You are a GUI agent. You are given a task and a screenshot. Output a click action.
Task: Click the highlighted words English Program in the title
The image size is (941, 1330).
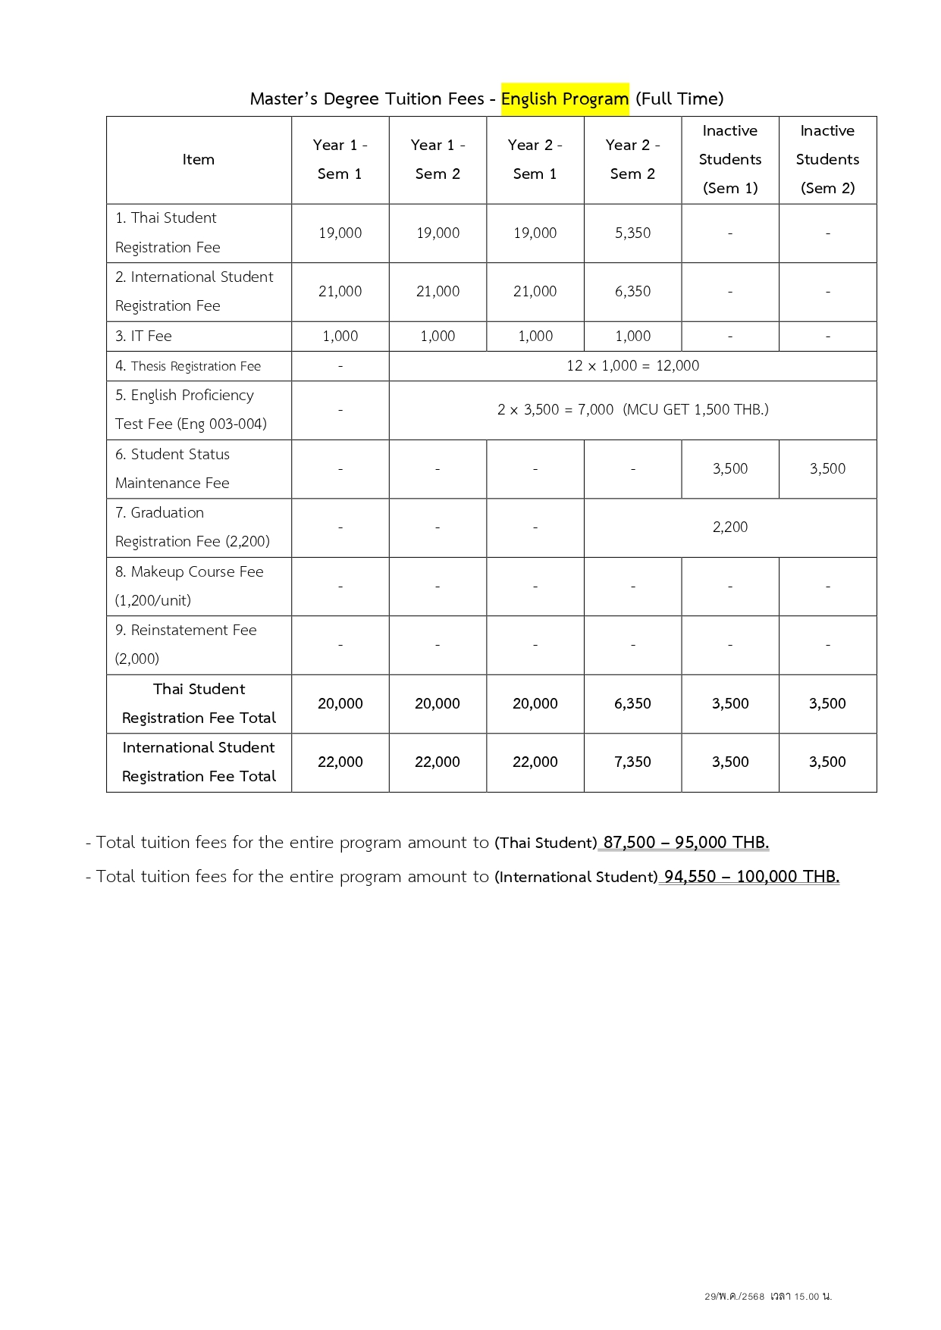(564, 99)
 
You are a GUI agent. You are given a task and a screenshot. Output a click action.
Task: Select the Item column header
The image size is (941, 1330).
(198, 160)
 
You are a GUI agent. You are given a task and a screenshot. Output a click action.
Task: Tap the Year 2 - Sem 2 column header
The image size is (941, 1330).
(632, 159)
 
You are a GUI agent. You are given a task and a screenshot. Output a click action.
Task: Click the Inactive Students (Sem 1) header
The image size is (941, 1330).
(729, 159)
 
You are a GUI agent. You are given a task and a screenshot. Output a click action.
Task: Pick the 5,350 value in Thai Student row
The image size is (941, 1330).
(632, 233)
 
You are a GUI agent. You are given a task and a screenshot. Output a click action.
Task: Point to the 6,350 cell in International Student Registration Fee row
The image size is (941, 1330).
(632, 292)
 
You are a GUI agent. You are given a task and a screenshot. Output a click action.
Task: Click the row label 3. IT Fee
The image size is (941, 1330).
(143, 336)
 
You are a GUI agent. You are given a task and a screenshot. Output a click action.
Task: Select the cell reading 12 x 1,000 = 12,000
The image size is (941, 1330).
(632, 366)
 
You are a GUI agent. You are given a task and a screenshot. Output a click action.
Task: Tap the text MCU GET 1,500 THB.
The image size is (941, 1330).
(696, 410)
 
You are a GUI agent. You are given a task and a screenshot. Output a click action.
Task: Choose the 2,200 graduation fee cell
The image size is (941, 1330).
(729, 527)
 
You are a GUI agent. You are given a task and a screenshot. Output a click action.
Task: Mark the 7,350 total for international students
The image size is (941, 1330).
(632, 762)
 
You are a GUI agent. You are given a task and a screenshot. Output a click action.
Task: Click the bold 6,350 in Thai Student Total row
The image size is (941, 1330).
(632, 704)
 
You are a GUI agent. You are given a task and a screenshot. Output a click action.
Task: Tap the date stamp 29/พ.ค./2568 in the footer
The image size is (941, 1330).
(734, 1297)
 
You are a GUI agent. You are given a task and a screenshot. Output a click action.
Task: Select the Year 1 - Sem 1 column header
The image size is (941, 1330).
(340, 159)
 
